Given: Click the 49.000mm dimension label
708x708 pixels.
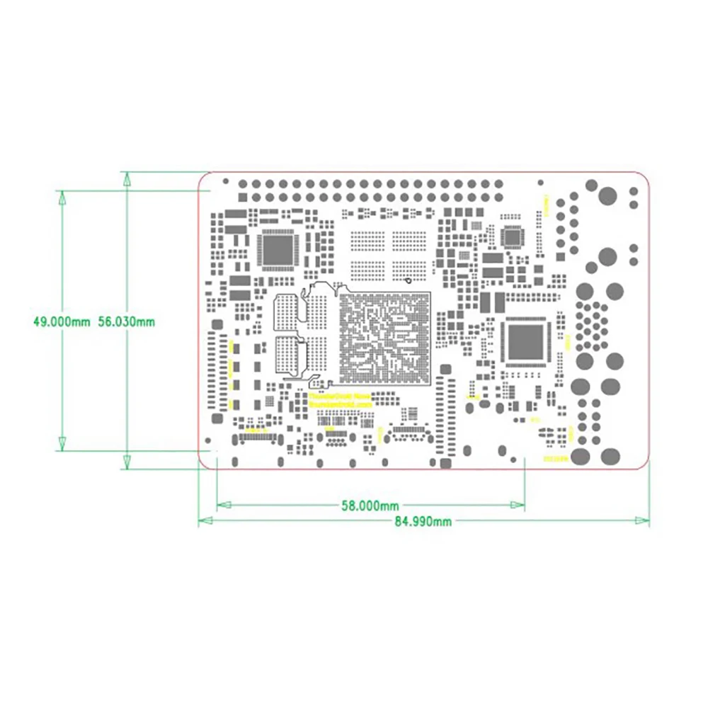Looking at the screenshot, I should click(x=62, y=321).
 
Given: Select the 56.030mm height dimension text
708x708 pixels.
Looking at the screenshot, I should click(x=126, y=321).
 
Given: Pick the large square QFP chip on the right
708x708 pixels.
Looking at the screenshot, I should click(x=525, y=341).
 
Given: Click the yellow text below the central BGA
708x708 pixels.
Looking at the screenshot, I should click(x=340, y=399).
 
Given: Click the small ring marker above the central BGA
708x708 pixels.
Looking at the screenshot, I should click(x=409, y=280).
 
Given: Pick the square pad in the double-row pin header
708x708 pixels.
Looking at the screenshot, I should click(x=243, y=184).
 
